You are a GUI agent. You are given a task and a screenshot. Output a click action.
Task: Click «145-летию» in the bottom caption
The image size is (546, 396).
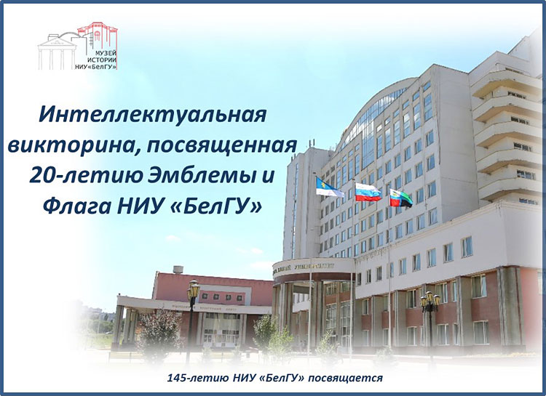click(191, 378)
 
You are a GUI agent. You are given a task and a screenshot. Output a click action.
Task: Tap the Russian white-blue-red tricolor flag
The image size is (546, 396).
click(367, 192)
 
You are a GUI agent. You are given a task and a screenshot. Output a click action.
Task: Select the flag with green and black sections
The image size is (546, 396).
click(400, 198)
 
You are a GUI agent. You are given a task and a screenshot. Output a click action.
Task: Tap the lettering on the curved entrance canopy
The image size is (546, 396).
click(313, 264)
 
